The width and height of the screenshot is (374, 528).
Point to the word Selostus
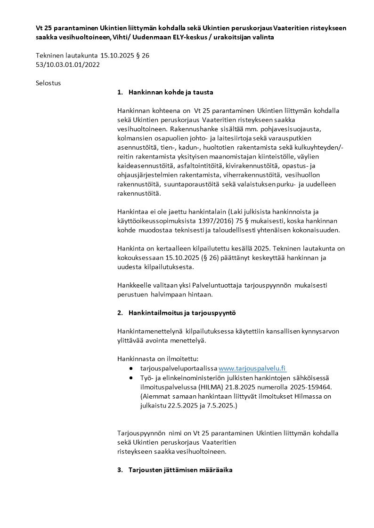(49, 83)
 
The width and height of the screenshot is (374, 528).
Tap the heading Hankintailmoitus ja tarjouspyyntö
(179, 312)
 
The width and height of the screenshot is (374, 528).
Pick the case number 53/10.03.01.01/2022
(68, 64)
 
